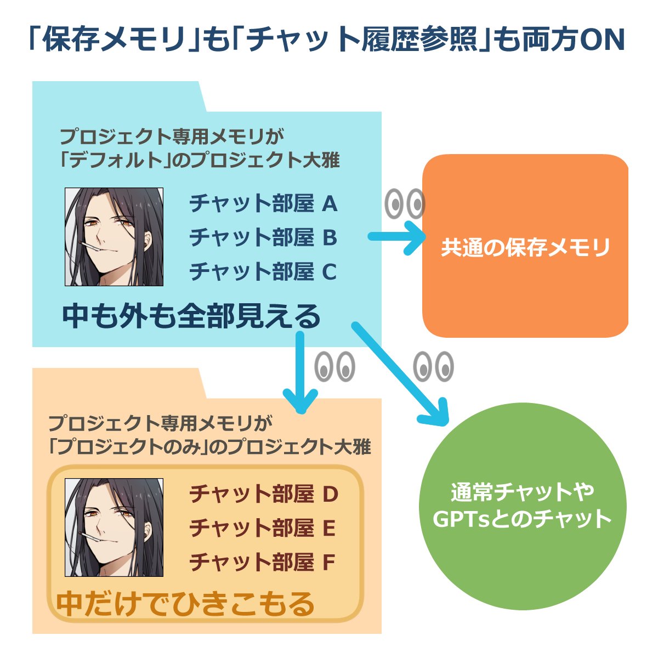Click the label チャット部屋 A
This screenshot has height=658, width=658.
coord(263,204)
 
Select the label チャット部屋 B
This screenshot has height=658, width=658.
coord(263,238)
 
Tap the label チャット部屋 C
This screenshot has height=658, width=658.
coord(263,272)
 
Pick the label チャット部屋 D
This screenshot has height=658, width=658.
coord(264,495)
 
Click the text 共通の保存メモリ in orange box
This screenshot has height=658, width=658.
coord(525,248)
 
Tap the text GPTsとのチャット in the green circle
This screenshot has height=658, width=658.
coord(522,519)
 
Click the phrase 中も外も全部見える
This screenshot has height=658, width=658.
coord(191,316)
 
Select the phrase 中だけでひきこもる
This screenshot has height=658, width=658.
coord(186,604)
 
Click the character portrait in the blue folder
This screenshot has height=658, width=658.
coord(114,237)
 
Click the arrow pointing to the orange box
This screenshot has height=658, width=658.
coord(397,237)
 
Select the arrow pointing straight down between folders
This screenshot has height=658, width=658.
coord(299,373)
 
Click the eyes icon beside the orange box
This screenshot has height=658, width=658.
coord(405,204)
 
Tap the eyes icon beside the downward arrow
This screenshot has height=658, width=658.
coord(334,366)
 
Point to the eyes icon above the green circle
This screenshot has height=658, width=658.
coord(433,366)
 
